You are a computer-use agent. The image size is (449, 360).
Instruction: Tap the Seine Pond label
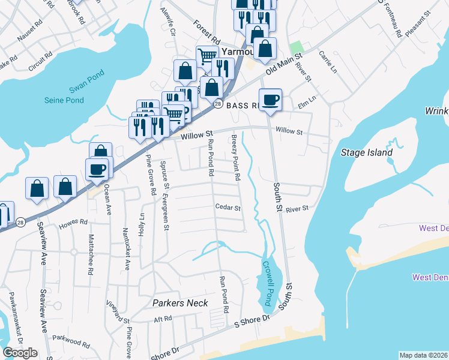point(64,100)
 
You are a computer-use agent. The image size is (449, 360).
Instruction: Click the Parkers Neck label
point(180,303)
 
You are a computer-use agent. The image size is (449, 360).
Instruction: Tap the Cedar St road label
point(228,208)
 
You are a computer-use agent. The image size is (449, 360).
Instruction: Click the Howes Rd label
point(73,225)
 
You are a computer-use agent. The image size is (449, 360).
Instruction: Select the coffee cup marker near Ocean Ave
point(97,169)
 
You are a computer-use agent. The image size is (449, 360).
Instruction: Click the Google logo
point(20,353)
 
